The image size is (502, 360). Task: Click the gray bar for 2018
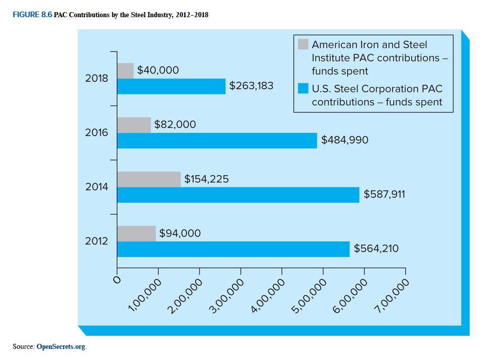tap(125, 71)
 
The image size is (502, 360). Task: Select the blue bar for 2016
tap(217, 140)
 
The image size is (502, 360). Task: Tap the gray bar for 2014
tap(149, 179)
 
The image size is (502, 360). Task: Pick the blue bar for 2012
tap(233, 249)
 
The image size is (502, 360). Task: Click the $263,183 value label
tap(251, 85)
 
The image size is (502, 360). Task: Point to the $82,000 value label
tap(175, 124)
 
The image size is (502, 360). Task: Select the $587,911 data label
tap(384, 194)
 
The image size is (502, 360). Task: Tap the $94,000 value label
tap(180, 233)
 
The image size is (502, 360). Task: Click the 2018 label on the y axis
tap(96, 78)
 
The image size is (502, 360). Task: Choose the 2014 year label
tap(96, 187)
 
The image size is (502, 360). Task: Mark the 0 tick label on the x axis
tap(117, 279)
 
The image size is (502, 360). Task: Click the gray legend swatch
tap(303, 44)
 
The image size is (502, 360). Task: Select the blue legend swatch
tap(303, 89)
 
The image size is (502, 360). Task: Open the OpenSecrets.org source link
tap(61, 346)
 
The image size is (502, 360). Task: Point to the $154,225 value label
tap(206, 179)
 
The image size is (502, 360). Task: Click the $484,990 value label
tap(344, 139)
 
